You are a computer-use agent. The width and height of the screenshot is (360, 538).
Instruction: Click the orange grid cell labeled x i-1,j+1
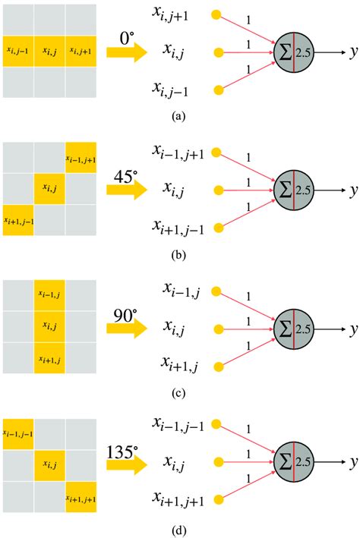point(81,157)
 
